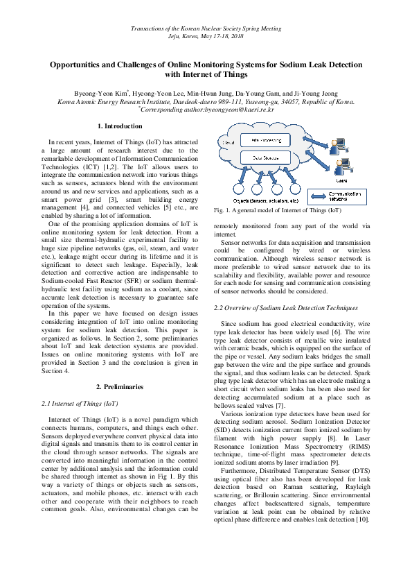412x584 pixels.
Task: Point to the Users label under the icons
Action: click(341, 180)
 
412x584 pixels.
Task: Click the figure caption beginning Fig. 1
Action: click(277, 209)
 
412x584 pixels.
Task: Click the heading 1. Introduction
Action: click(120, 126)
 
